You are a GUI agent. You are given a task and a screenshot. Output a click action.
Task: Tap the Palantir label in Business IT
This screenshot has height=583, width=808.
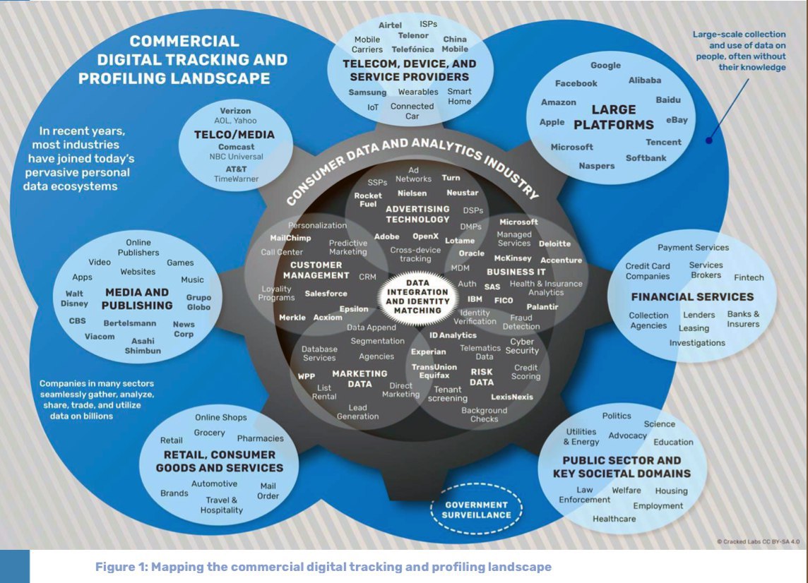coord(542,306)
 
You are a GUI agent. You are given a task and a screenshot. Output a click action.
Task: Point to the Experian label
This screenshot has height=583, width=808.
coord(429,351)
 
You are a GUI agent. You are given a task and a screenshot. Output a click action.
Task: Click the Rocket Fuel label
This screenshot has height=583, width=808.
coord(368,200)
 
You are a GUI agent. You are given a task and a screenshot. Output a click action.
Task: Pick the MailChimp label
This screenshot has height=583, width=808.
coord(290,238)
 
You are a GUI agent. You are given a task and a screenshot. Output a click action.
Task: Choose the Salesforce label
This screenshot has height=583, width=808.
coord(326,294)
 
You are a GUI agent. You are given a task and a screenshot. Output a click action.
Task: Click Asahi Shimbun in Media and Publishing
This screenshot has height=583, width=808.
coord(143,346)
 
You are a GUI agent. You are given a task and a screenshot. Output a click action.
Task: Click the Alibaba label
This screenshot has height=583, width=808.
coord(644,80)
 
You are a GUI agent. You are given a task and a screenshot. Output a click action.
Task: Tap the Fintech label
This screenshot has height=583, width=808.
coord(749,277)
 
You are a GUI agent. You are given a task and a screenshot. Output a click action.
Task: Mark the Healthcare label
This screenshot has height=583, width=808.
coord(614,519)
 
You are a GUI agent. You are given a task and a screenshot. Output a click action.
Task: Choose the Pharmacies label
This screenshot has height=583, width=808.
coord(260,438)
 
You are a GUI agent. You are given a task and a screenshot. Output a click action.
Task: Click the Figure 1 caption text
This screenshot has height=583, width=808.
coord(323,567)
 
